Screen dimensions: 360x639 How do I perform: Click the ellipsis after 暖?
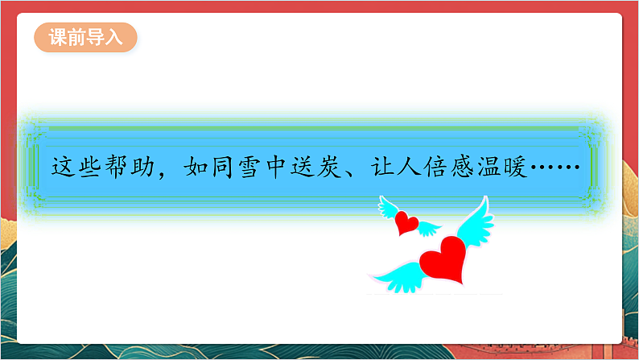click(x=555, y=168)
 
